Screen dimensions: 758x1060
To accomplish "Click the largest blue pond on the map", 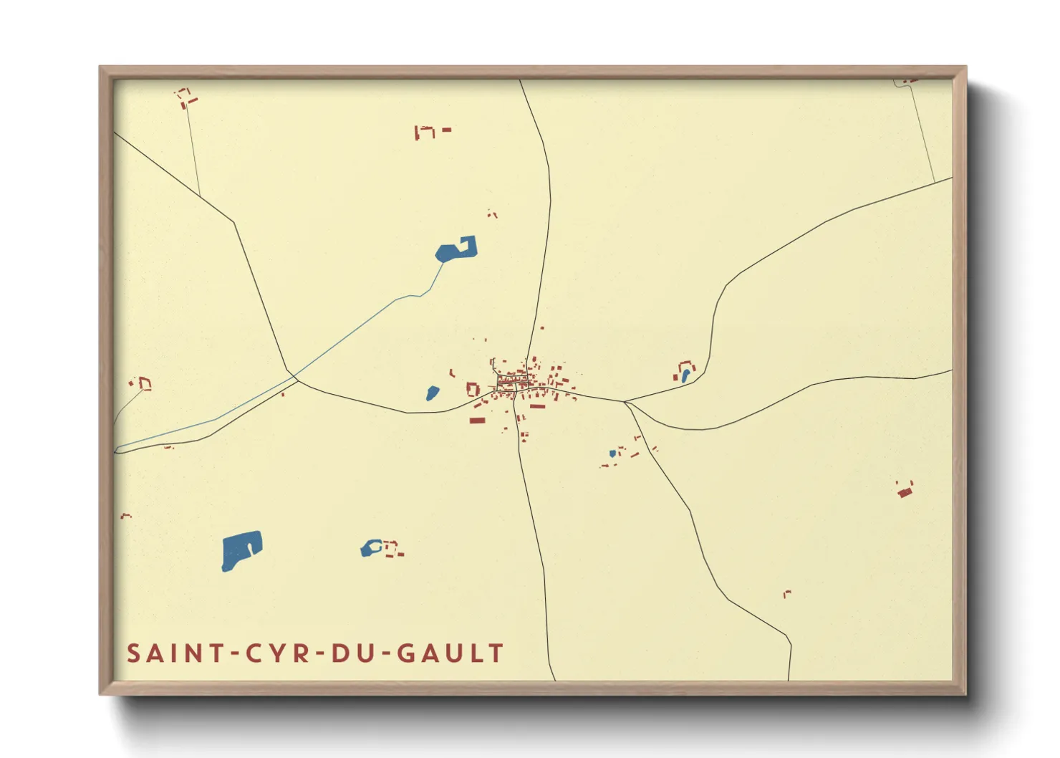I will [x=241, y=550].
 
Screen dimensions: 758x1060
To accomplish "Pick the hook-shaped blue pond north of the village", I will [x=451, y=251].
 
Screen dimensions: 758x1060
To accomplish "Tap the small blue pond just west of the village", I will [x=433, y=393].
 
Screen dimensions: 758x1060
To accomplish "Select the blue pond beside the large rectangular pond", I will [x=370, y=549].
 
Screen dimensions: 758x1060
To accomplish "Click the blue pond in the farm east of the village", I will [x=685, y=375].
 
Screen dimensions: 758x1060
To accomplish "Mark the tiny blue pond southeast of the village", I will [x=612, y=454].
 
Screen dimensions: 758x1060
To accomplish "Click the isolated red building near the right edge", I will [x=905, y=491].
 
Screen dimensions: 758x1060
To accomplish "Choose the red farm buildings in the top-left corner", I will [x=187, y=97].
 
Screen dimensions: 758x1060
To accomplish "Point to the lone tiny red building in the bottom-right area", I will [x=787, y=593].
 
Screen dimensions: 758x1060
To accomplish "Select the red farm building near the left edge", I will [x=144, y=384].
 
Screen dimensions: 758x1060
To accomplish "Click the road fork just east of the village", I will [x=625, y=402].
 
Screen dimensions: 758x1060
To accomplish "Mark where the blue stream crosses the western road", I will [x=294, y=375].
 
